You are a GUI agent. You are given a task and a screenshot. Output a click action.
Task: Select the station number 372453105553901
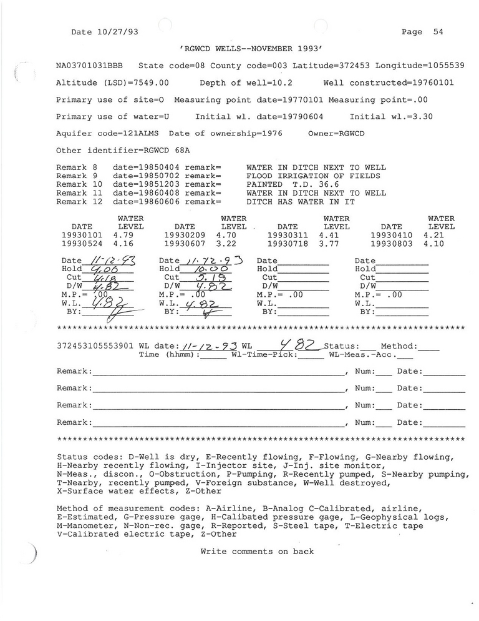click(95, 345)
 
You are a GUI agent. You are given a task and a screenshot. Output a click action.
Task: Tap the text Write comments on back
click(257, 551)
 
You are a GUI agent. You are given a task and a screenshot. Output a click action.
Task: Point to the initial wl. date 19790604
click(304, 117)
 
